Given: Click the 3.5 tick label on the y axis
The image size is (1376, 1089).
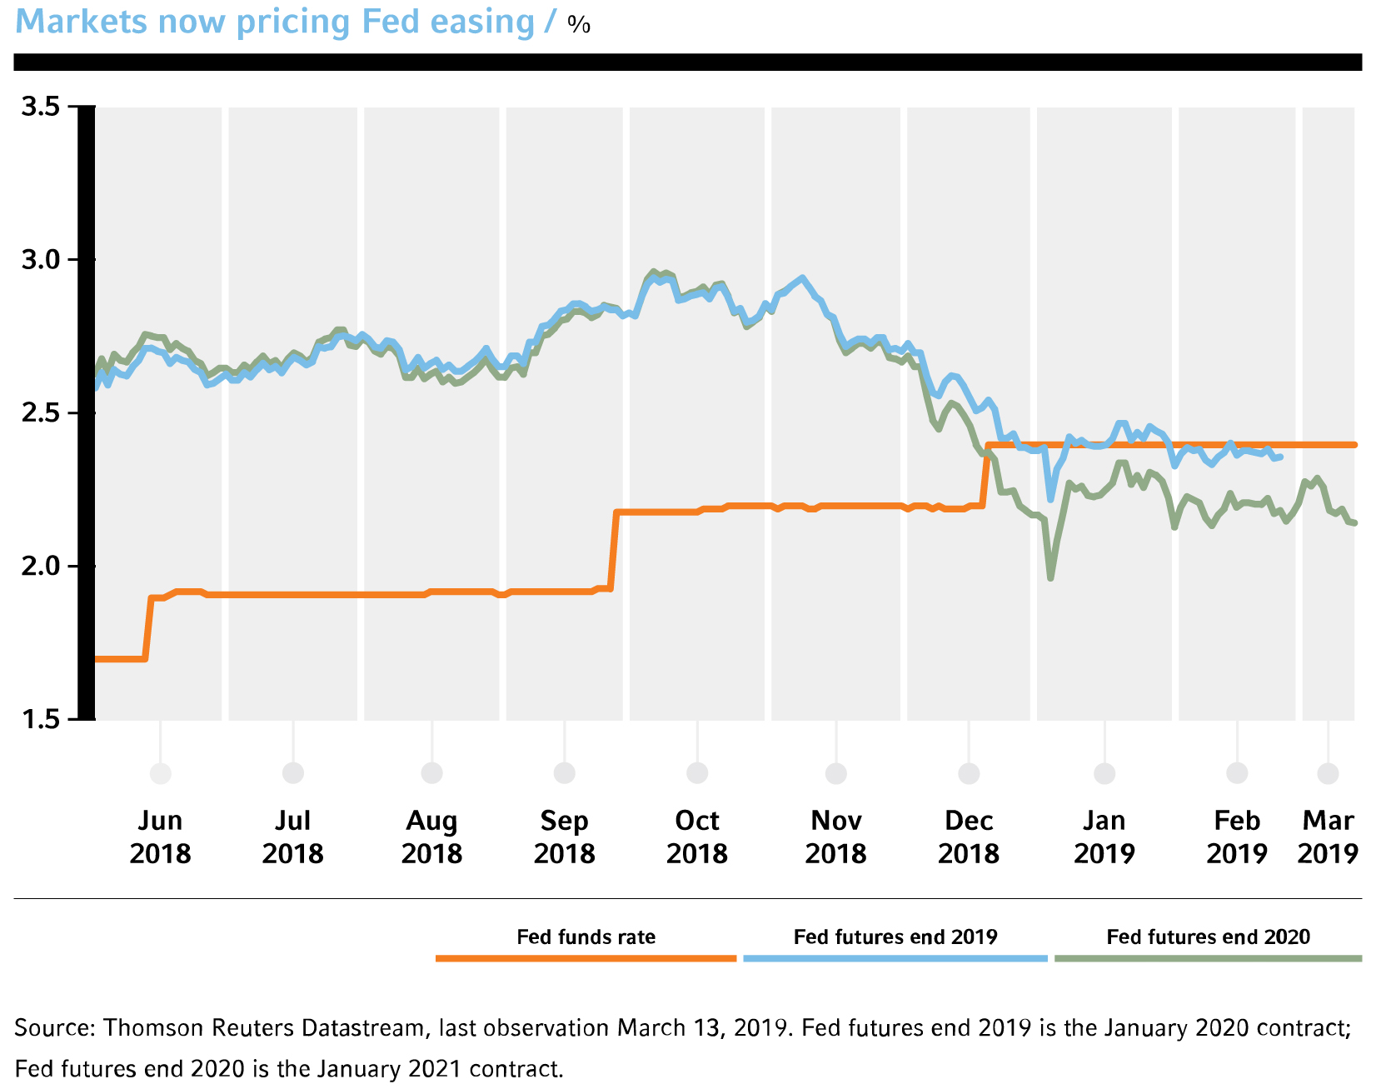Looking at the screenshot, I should (42, 107).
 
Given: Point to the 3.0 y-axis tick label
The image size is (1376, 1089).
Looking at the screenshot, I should (42, 260).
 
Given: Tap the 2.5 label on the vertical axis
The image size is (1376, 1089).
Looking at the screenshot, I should (42, 413).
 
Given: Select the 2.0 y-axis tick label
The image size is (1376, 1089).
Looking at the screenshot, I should (42, 567).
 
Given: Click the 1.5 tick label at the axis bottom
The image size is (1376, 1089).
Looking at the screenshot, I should (42, 719).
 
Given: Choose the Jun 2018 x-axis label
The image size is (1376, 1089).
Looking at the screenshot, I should (160, 837).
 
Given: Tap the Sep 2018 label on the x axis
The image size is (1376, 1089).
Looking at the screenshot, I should (565, 837).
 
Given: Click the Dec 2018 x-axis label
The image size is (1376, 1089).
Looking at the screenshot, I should (969, 837).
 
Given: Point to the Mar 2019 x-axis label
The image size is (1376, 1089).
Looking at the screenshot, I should (1328, 837).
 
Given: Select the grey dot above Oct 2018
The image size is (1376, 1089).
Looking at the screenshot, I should (697, 773).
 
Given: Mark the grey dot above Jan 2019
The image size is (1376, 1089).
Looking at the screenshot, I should (1104, 773).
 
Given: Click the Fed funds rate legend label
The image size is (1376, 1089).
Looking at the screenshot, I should (586, 937).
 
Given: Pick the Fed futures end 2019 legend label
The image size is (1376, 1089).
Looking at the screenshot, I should (895, 937).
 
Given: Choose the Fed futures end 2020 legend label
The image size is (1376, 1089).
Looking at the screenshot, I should (1208, 937).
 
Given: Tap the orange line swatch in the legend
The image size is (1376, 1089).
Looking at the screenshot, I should (586, 958).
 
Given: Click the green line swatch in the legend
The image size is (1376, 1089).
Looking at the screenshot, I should (1208, 958).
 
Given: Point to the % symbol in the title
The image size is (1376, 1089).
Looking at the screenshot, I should (579, 25).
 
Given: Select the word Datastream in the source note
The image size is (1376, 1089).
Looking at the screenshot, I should (362, 1028).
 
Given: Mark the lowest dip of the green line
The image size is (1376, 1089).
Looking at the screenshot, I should (1050, 577).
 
